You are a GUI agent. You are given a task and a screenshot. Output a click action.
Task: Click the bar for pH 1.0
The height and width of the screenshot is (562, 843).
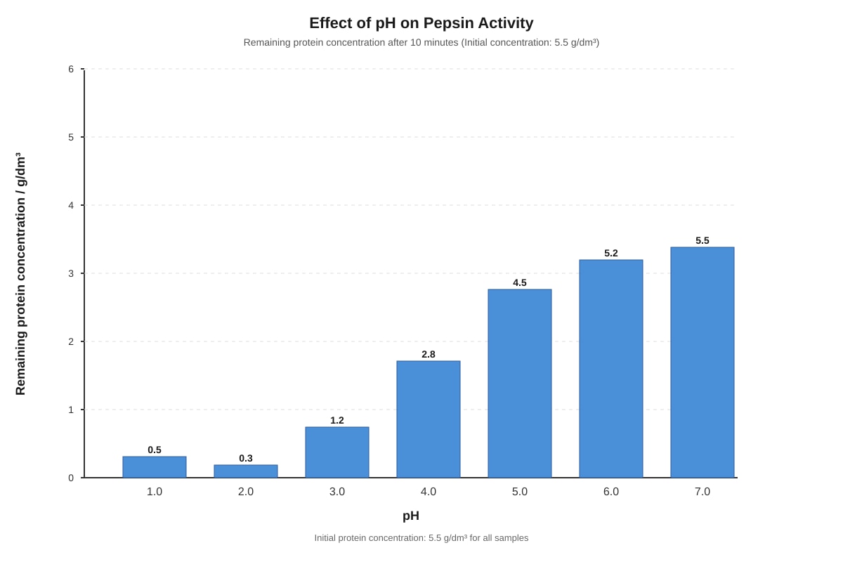click(155, 466)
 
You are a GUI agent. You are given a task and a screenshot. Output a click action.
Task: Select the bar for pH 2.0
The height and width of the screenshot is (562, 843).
click(246, 471)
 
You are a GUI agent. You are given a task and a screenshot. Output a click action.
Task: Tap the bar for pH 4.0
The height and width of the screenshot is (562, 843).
click(429, 419)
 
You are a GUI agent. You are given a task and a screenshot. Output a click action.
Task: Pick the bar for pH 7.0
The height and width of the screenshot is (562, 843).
click(702, 362)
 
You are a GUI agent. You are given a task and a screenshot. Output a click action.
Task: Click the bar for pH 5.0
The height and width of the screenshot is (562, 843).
click(520, 384)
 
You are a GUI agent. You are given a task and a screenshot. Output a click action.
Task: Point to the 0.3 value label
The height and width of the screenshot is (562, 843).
click(246, 458)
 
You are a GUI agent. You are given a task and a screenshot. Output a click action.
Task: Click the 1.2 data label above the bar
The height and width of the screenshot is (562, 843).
click(337, 420)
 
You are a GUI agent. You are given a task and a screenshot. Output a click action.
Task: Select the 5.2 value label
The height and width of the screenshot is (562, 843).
click(611, 253)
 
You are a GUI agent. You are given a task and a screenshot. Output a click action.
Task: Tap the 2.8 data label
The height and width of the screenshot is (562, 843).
click(429, 354)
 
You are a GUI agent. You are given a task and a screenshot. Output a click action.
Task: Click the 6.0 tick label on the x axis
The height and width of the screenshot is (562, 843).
click(611, 492)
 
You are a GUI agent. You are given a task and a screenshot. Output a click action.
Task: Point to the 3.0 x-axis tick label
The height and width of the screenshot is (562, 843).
click(337, 492)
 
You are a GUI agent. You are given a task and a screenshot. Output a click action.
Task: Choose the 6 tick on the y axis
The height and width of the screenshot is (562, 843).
click(71, 69)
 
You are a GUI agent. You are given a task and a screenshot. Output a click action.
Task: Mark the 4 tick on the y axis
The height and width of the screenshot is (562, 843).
click(71, 206)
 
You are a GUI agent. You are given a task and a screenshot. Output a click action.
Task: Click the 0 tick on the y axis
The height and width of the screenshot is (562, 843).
click(71, 478)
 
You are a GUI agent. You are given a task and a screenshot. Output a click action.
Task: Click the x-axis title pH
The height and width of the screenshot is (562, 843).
click(411, 516)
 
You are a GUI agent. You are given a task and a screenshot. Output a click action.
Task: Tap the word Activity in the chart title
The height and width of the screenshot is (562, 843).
click(506, 23)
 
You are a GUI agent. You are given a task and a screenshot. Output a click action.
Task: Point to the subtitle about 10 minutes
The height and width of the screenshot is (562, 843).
click(421, 43)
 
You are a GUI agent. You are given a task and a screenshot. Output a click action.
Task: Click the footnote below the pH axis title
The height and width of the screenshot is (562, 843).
click(421, 538)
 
